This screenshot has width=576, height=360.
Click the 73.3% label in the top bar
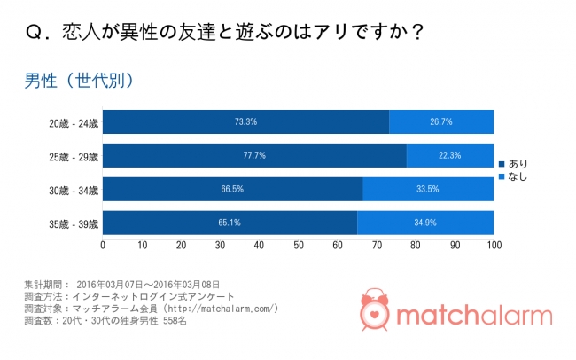point(245,121)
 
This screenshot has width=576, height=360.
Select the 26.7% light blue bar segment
point(441,121)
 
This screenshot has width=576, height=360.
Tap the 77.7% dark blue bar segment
point(254,155)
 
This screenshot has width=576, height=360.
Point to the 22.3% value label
point(450,155)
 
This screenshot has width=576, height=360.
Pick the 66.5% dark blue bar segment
point(232,189)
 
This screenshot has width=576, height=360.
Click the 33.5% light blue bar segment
point(428,189)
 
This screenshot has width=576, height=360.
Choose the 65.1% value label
point(230,223)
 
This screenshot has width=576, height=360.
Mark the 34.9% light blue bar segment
point(425,223)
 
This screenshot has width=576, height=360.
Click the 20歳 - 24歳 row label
point(74,122)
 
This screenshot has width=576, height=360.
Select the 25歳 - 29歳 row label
point(74,156)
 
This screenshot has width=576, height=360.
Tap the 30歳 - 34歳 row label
point(74,190)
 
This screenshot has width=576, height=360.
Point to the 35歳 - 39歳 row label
point(74,223)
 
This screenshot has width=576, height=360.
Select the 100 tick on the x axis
point(494,245)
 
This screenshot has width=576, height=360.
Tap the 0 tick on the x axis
point(103,245)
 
